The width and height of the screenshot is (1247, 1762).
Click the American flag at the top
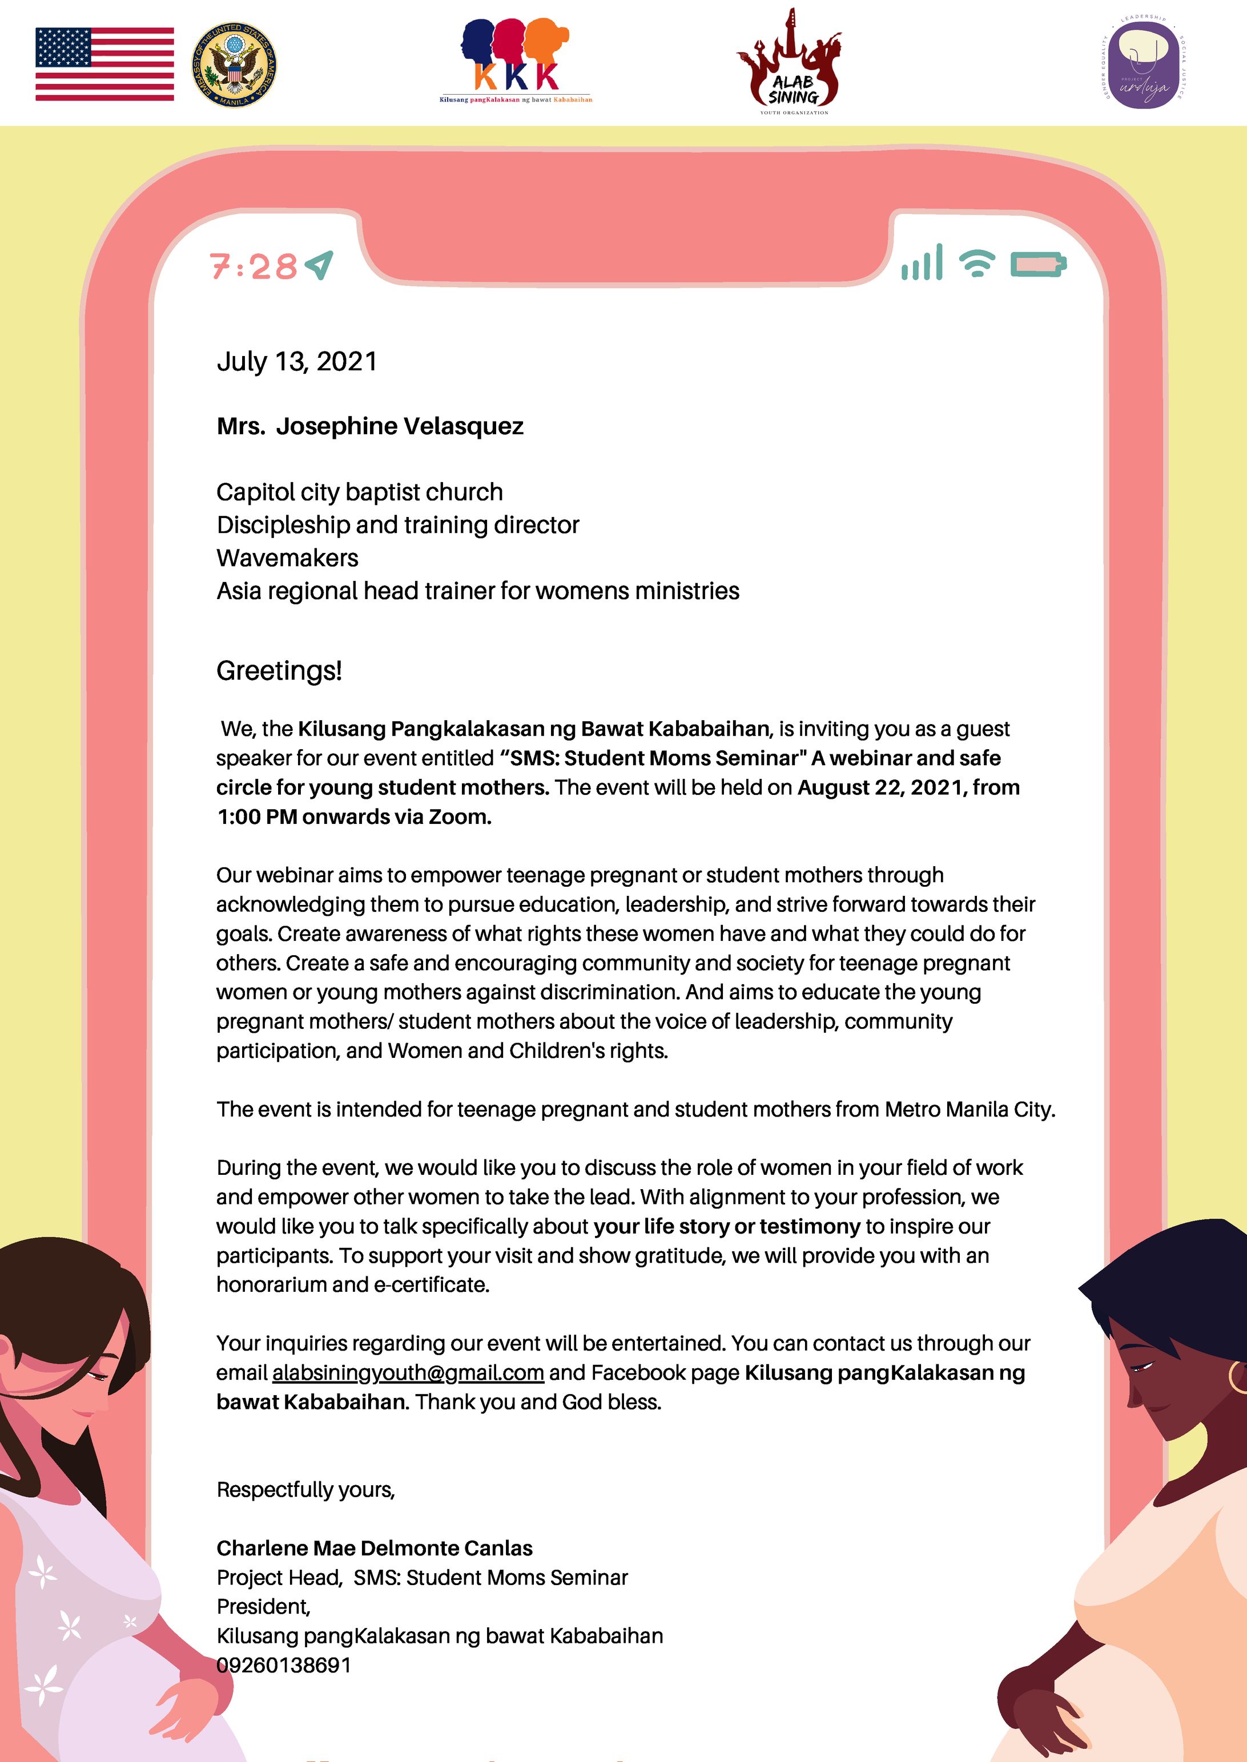point(104,64)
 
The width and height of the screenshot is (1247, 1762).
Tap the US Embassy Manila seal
point(234,64)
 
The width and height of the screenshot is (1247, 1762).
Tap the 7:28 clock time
point(254,267)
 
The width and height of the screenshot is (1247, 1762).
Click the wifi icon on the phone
point(977,263)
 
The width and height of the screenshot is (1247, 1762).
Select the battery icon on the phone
point(1038,264)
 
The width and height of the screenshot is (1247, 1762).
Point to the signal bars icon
point(922,263)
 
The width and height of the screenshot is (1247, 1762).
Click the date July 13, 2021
point(297,361)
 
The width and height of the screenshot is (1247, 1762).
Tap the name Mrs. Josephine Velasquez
point(370,426)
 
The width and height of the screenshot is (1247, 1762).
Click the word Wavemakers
point(287,558)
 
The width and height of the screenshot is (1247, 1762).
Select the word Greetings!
point(279,670)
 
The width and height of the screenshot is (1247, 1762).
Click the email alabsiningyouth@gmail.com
point(408,1372)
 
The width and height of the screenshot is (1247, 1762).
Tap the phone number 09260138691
point(284,1666)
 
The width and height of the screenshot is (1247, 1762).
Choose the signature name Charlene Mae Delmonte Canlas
point(375,1548)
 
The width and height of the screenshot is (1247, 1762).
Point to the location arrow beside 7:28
point(319,265)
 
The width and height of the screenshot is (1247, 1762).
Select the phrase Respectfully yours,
point(305,1490)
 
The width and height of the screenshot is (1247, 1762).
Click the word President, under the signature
point(263,1606)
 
